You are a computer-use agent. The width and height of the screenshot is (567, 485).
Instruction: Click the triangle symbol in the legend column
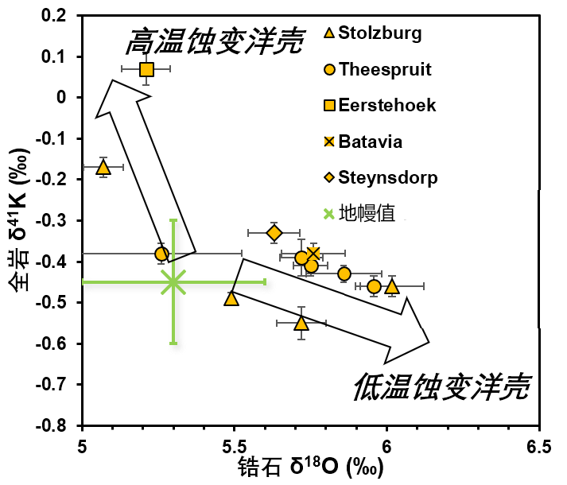tap(329, 33)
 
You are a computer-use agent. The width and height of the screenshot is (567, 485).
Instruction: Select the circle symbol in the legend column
tap(329, 69)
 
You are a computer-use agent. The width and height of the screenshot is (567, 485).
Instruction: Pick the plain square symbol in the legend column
tap(329, 105)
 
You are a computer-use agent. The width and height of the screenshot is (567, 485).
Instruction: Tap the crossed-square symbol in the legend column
tap(329, 142)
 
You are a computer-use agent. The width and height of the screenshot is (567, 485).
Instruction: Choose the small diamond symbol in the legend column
tap(329, 177)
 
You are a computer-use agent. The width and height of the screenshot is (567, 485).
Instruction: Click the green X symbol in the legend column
tap(329, 214)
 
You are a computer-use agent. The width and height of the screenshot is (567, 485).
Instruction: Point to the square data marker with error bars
tap(146, 69)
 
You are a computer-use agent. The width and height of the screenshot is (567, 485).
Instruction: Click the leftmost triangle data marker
tap(103, 168)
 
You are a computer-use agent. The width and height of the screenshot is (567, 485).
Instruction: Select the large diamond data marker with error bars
tap(274, 233)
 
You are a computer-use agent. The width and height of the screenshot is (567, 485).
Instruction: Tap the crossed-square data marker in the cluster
tap(314, 253)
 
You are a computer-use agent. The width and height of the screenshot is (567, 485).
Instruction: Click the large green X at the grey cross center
tap(173, 281)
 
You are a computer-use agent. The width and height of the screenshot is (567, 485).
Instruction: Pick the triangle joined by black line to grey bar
tap(231, 299)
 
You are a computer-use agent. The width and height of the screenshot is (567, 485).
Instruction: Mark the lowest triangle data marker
tap(301, 324)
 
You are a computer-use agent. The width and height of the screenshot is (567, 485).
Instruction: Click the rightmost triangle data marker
tap(392, 286)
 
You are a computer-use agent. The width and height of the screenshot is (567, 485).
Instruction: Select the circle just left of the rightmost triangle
tap(374, 286)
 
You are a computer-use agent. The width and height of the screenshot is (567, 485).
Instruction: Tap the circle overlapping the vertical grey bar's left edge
tap(161, 254)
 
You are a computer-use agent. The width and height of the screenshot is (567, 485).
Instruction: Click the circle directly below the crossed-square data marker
tap(312, 266)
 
